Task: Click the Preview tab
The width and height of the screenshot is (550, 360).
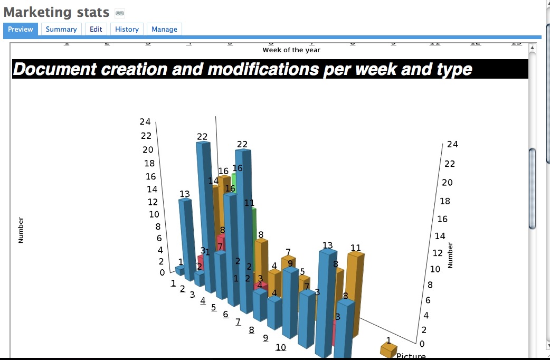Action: (21, 30)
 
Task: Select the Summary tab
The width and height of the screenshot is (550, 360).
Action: (61, 30)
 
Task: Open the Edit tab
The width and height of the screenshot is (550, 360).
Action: (96, 30)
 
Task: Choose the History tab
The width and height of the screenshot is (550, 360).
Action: (127, 30)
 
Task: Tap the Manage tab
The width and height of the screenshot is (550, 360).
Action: (164, 30)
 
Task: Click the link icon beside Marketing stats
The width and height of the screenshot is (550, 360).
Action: (120, 13)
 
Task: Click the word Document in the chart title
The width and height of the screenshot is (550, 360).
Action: (55, 69)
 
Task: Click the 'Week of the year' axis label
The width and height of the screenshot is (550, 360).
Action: (291, 50)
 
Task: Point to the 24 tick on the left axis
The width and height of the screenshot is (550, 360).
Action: (145, 122)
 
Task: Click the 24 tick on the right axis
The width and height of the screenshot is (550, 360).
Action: (452, 144)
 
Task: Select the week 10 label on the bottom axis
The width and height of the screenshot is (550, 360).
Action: (281, 347)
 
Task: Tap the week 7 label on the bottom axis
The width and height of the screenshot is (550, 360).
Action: (238, 322)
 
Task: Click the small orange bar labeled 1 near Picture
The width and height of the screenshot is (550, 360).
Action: (388, 350)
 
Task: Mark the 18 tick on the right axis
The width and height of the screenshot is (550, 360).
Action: (445, 201)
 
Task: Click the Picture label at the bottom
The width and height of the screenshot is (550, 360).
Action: (411, 356)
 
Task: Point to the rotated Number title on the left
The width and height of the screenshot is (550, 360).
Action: (21, 231)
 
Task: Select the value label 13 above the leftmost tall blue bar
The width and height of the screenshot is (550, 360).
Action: (185, 194)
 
